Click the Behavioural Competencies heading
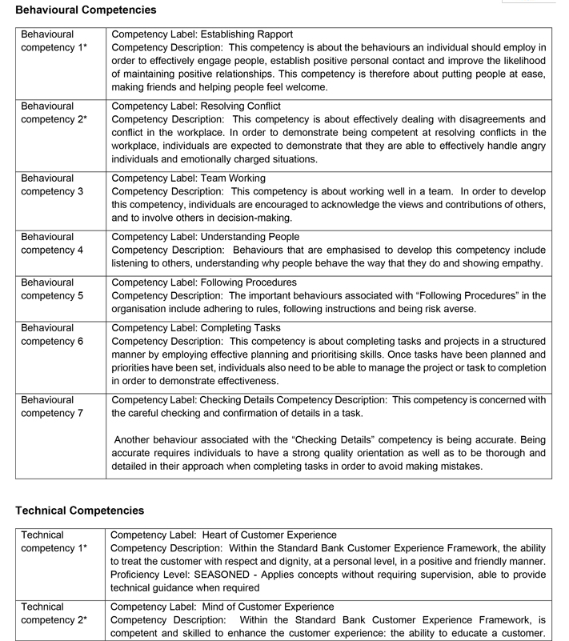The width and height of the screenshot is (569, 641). [x=86, y=10]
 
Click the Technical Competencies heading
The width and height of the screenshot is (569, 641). [x=80, y=510]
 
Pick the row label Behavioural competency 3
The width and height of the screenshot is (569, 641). [x=52, y=185]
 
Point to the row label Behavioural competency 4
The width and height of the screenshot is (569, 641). [x=52, y=243]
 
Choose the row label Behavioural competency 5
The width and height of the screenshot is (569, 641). [x=52, y=289]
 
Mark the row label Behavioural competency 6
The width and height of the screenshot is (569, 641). [x=52, y=335]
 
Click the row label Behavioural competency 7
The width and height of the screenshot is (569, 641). [x=52, y=407]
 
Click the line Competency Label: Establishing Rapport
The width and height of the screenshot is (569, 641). [x=202, y=34]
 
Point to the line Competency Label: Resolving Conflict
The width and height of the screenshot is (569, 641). [x=196, y=106]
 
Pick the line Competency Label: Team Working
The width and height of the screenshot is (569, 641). [x=188, y=178]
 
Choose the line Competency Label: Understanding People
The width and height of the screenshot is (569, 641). [x=205, y=237]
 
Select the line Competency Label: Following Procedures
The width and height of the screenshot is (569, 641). [x=203, y=282]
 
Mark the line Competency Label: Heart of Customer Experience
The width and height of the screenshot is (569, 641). [x=223, y=535]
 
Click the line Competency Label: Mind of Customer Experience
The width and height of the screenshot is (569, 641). [x=222, y=607]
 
